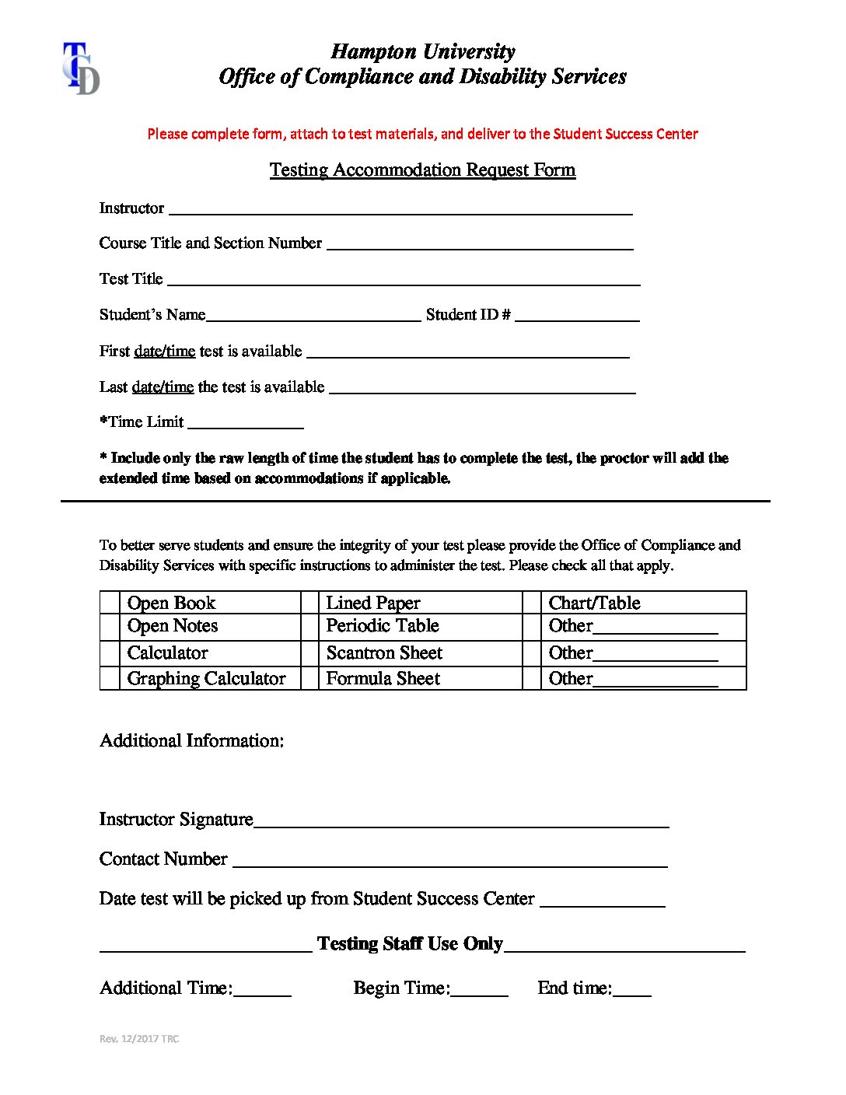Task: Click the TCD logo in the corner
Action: (x=81, y=69)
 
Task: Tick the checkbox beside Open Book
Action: (x=110, y=603)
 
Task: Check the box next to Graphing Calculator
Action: (x=110, y=678)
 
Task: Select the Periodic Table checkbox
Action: (x=309, y=627)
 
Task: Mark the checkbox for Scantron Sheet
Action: (x=309, y=653)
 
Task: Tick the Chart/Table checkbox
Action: (x=532, y=603)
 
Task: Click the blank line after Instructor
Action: (x=400, y=210)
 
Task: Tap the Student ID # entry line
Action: (x=577, y=317)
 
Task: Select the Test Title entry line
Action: (x=404, y=281)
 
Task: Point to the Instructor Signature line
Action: (x=461, y=823)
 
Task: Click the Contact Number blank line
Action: (x=449, y=862)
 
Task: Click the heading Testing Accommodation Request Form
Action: (x=422, y=170)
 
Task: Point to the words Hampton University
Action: (x=422, y=51)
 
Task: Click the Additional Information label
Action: (x=191, y=740)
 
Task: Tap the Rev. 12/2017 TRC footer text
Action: (x=139, y=1039)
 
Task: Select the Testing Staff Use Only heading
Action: (x=410, y=943)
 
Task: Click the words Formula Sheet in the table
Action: (x=383, y=678)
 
